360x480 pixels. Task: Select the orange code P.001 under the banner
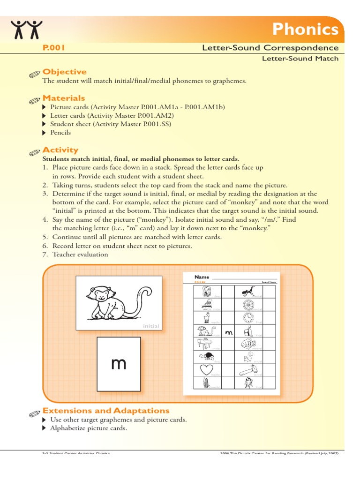tap(53, 48)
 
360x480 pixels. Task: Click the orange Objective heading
tap(64, 72)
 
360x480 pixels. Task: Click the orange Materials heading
tap(64, 98)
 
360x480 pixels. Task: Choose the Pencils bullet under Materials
tap(60, 133)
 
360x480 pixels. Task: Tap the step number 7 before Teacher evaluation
tap(45, 255)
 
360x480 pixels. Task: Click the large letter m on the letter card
tap(119, 363)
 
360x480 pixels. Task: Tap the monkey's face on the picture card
tap(100, 295)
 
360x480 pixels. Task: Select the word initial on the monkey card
tap(150, 326)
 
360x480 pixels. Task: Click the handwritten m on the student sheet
tap(229, 333)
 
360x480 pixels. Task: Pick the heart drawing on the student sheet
tap(207, 370)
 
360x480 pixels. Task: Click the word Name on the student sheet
tap(202, 277)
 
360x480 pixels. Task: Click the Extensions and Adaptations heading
tap(106, 411)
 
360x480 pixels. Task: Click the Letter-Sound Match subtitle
tap(300, 58)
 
